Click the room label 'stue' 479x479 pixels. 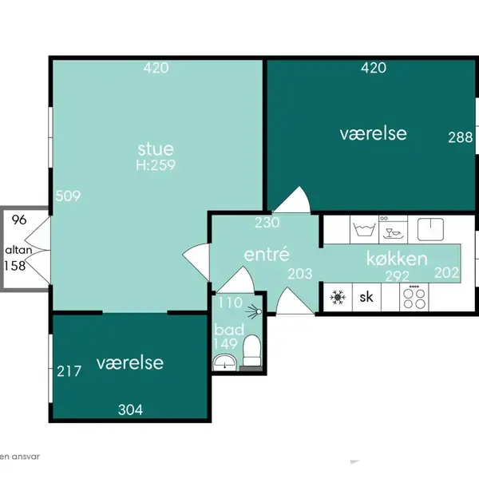[156, 149]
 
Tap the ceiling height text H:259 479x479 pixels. [156, 165]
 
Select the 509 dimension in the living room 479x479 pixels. [68, 196]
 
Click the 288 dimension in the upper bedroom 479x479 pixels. [461, 137]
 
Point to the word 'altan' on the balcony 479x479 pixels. [18, 250]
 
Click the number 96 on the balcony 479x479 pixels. [19, 220]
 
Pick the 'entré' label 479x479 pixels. [267, 254]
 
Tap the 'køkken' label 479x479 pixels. [397, 259]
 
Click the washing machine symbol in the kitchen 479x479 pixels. [364, 229]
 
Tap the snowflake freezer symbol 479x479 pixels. [338, 297]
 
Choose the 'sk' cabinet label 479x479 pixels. [366, 297]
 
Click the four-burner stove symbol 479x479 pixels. [414, 298]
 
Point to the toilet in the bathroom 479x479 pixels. [251, 350]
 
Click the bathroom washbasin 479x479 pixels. [224, 362]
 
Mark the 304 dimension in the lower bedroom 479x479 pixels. [130, 410]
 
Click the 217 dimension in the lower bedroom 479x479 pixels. [69, 371]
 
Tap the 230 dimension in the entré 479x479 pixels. [267, 223]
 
